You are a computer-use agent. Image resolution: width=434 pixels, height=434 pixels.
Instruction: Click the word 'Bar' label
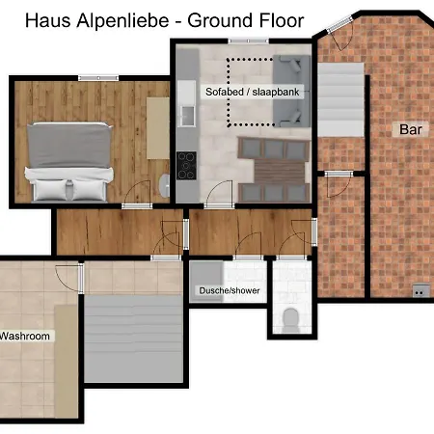[411, 128]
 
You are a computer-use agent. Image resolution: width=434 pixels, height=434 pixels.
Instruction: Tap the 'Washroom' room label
[25, 337]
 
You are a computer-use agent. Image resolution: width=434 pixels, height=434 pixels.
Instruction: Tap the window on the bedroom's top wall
[99, 77]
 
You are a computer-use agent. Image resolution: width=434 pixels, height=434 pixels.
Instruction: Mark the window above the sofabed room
[243, 41]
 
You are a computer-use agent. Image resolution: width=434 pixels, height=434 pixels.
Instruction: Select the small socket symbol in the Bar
[420, 290]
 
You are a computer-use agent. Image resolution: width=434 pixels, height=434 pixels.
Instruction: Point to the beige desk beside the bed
[156, 127]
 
